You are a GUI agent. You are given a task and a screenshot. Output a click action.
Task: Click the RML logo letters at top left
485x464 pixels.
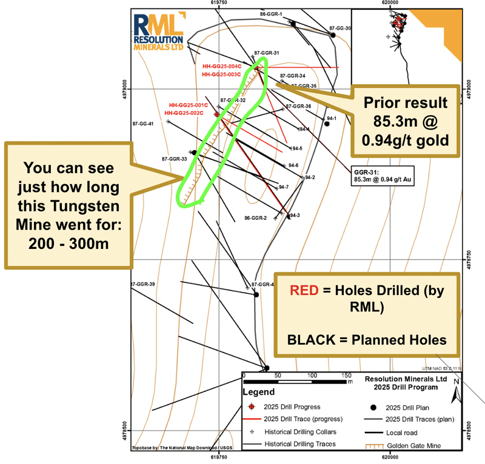pyautogui.click(x=157, y=24)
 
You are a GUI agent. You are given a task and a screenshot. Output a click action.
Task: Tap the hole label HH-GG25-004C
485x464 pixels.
pyautogui.click(x=222, y=67)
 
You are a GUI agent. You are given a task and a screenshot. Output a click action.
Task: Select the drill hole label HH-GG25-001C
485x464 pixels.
pyautogui.click(x=189, y=105)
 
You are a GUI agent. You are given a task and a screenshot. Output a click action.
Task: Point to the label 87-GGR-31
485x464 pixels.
pyautogui.click(x=267, y=53)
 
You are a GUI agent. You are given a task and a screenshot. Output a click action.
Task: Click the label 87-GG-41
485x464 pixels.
pyautogui.click(x=143, y=124)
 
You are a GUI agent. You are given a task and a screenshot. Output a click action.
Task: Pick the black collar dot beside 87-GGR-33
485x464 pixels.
pyautogui.click(x=194, y=153)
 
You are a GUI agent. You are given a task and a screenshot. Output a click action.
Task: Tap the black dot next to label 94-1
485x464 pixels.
pyautogui.click(x=327, y=124)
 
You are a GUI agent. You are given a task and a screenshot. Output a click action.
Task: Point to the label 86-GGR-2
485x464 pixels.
pyautogui.click(x=255, y=218)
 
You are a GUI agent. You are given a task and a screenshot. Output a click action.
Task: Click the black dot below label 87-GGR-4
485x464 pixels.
pyautogui.click(x=256, y=294)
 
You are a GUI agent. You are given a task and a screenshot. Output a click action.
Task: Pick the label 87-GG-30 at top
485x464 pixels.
pyautogui.click(x=340, y=28)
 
